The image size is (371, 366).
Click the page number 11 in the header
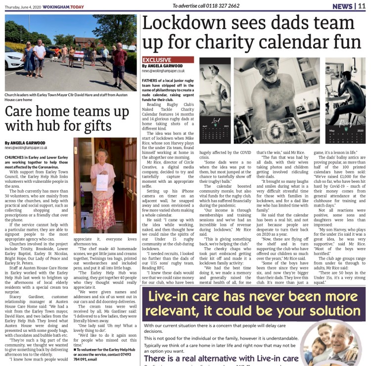pyautogui.click(x=362, y=6)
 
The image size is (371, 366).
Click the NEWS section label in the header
pyautogui.click(x=342, y=6)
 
